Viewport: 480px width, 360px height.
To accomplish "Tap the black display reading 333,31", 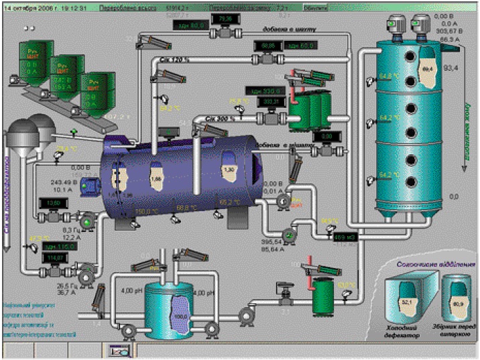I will pyautogui.click(x=270, y=102).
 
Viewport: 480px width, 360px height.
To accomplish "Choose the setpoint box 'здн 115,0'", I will pyautogui.click(x=58, y=247).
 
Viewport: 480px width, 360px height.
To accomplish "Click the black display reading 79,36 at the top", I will pyautogui.click(x=225, y=19).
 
